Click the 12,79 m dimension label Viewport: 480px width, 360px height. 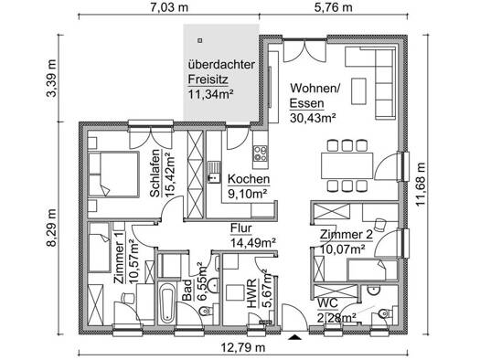243,347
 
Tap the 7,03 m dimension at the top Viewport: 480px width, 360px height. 169,7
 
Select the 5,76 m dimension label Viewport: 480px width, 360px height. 334,7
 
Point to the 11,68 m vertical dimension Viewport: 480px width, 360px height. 421,185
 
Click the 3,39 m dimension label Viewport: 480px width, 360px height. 51,78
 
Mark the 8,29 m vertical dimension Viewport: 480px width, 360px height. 51,228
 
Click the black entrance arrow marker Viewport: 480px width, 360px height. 294,337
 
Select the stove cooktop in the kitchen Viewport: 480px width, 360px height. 260,154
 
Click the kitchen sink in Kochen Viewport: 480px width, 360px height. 215,172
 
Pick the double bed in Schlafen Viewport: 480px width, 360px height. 113,174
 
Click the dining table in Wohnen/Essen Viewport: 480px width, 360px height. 347,165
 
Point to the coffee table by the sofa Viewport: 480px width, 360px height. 358,91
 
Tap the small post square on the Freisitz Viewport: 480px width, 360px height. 200,40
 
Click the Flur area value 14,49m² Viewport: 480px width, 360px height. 253,243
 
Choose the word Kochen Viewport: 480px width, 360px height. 249,179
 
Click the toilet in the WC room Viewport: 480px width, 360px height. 385,313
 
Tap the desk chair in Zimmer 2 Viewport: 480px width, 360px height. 380,224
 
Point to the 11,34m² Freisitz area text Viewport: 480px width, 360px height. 210,94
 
